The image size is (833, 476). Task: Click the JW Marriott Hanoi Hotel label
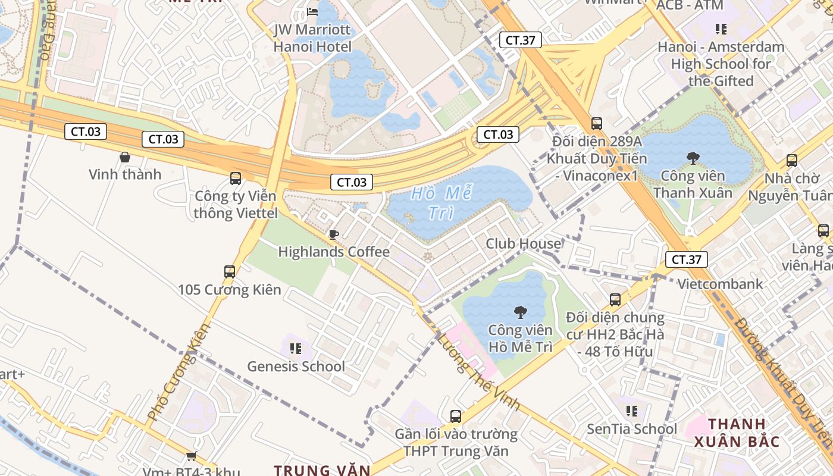click(x=312, y=37)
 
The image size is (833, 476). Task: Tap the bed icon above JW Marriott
click(x=312, y=11)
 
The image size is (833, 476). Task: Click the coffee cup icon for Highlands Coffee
click(x=334, y=234)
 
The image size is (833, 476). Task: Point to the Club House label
click(x=523, y=243)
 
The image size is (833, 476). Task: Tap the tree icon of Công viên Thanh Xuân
click(x=693, y=158)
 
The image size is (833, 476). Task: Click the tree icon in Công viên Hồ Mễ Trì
click(x=520, y=312)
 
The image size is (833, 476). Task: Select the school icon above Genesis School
click(x=296, y=349)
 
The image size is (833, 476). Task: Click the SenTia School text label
click(x=632, y=428)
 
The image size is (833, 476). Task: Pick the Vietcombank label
click(x=720, y=284)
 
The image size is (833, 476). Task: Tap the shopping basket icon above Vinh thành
click(x=125, y=157)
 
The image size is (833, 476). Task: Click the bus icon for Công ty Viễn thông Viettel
click(x=236, y=178)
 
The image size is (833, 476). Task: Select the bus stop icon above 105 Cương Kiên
click(x=230, y=272)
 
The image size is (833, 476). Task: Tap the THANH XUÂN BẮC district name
click(x=737, y=433)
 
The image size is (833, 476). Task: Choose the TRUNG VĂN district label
click(x=322, y=470)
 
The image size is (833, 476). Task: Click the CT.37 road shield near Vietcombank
click(x=686, y=259)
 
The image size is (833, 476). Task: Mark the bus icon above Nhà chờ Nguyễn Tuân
click(x=791, y=161)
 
